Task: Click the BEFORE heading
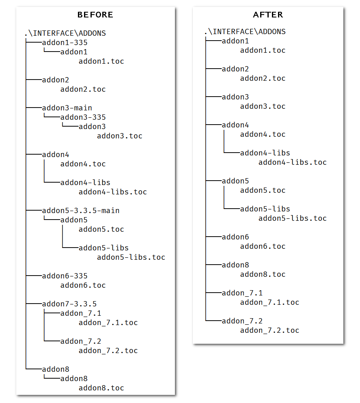(95, 15)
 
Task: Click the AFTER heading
(268, 15)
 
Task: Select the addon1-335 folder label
(65, 43)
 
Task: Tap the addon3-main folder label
(67, 108)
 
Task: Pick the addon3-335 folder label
(83, 117)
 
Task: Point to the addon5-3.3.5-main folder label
(81, 211)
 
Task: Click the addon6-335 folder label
(65, 276)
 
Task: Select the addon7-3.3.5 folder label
(69, 304)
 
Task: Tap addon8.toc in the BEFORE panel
(101, 388)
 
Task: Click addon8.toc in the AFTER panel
(263, 274)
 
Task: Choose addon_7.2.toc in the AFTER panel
(269, 330)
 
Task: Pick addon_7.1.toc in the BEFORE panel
(108, 323)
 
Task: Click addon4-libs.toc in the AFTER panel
(292, 162)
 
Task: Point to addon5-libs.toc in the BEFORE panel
(131, 257)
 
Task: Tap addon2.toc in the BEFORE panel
(83, 89)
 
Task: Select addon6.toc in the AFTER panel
(263, 246)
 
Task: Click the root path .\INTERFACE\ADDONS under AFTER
(245, 32)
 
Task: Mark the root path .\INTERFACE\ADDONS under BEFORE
(65, 33)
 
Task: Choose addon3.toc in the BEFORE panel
(120, 136)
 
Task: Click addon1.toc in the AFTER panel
(263, 50)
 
